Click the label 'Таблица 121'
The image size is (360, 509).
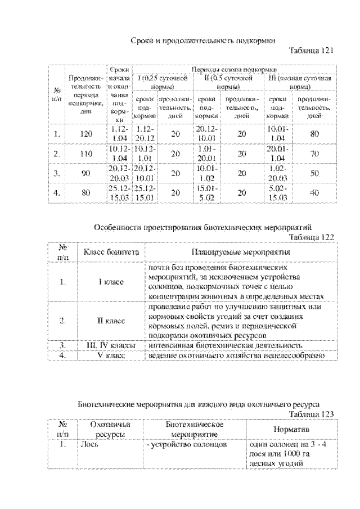pyautogui.click(x=312, y=51)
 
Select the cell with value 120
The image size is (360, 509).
pyautogui.click(x=85, y=134)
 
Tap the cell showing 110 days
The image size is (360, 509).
pyautogui.click(x=85, y=154)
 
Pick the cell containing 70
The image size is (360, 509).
pyautogui.click(x=314, y=154)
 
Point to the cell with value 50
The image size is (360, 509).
pyautogui.click(x=314, y=173)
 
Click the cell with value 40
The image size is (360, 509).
pyautogui.click(x=314, y=192)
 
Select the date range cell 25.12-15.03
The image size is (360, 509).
pyautogui.click(x=120, y=192)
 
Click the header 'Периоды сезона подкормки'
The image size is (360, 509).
pyautogui.click(x=234, y=69)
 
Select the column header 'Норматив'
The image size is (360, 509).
pyautogui.click(x=291, y=429)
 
